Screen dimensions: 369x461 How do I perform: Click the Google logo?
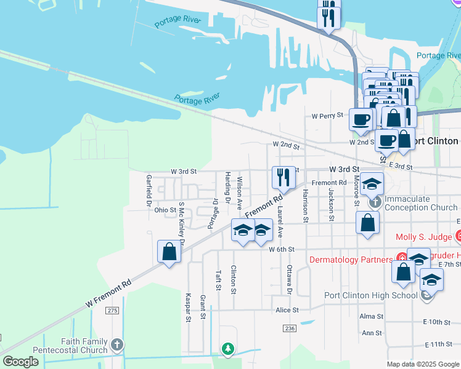(x=22, y=362)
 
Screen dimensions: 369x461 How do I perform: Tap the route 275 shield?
(x=112, y=311)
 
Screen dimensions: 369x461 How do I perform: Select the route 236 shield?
(x=290, y=329)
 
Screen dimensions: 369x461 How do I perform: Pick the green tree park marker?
(x=228, y=349)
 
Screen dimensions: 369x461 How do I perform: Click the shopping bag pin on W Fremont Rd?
(x=169, y=252)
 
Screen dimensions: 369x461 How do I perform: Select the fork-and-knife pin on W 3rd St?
(x=283, y=178)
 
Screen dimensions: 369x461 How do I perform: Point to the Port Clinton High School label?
(x=371, y=295)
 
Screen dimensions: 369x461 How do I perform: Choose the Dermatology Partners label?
(x=350, y=260)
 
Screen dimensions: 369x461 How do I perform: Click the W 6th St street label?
(x=282, y=249)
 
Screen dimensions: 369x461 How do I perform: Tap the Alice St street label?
(x=287, y=311)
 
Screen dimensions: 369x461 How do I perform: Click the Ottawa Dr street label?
(x=288, y=279)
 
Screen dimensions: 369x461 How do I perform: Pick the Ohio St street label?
(x=165, y=210)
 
